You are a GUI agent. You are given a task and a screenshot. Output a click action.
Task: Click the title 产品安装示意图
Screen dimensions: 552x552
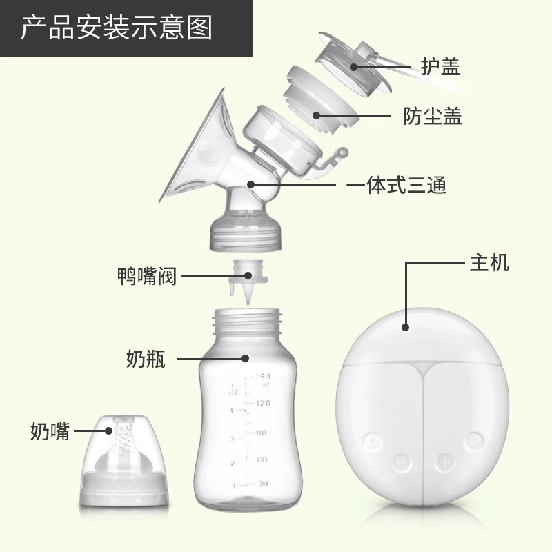click(117, 28)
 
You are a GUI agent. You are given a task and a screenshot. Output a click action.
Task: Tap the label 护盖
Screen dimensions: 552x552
click(440, 66)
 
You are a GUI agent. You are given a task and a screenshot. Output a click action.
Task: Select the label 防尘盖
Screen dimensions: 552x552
click(433, 116)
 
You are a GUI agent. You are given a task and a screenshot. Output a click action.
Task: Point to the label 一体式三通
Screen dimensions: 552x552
click(396, 185)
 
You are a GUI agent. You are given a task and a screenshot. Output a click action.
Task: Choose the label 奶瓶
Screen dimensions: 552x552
click(146, 359)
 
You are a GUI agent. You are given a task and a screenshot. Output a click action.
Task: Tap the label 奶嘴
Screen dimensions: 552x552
click(50, 431)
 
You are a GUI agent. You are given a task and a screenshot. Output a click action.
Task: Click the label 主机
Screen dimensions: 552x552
click(489, 263)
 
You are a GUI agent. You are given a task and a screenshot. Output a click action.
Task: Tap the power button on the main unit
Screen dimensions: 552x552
click(474, 441)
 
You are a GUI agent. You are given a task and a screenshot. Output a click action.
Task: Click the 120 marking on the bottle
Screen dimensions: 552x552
click(263, 403)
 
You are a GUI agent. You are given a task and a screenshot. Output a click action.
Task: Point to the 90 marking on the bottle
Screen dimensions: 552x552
click(261, 433)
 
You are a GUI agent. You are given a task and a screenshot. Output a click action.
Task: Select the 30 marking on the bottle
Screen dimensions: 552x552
click(263, 484)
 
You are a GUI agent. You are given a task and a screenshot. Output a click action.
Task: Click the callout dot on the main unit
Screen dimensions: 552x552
click(405, 327)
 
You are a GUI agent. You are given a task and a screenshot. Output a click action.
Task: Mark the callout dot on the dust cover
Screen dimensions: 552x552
click(316, 115)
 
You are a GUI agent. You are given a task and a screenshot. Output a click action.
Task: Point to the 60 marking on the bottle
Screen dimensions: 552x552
click(262, 460)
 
